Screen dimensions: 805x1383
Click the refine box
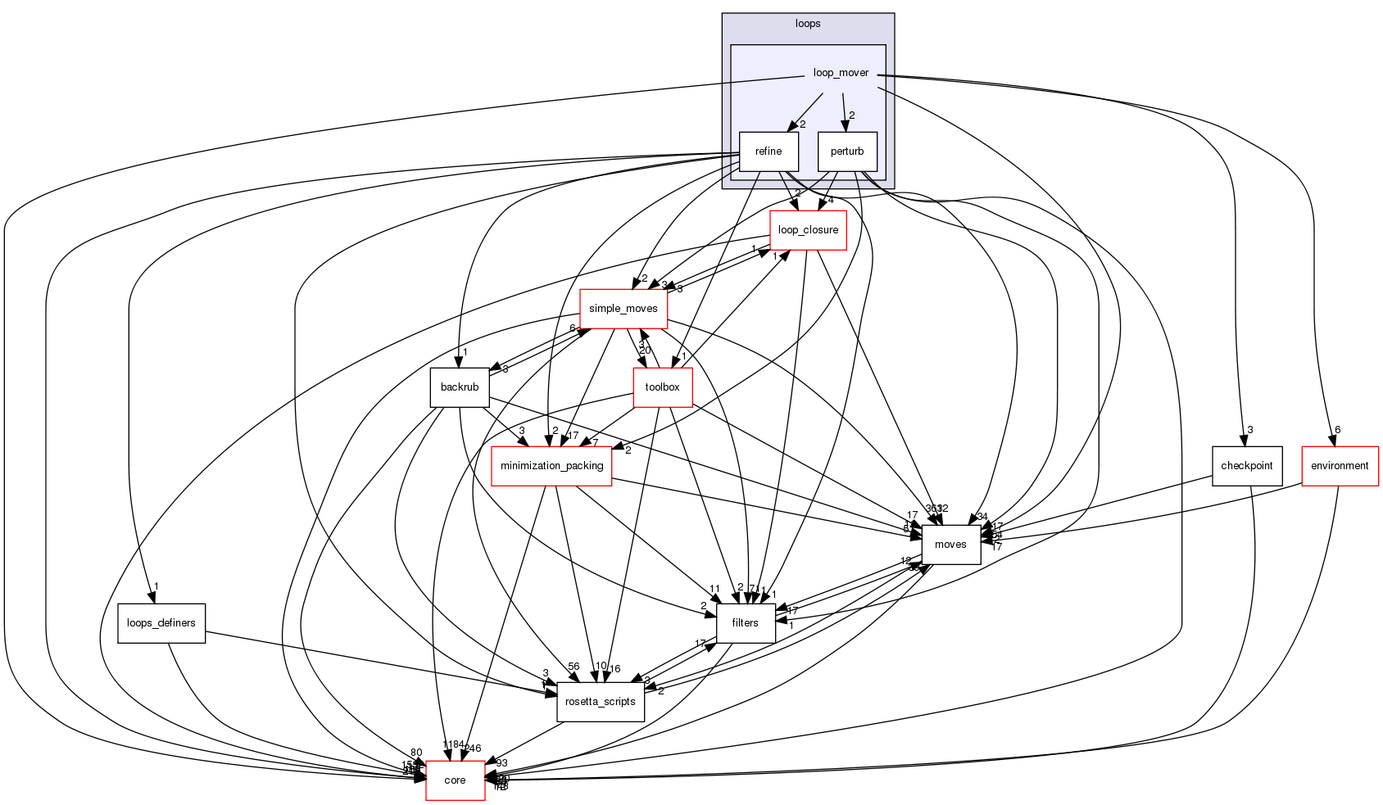coord(768,152)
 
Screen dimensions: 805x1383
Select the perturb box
coord(846,152)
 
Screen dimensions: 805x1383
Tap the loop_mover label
coord(841,73)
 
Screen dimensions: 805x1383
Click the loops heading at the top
coord(807,24)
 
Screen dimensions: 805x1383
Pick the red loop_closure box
coord(807,230)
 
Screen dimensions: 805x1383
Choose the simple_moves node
coord(623,309)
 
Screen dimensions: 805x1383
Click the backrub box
coord(459,387)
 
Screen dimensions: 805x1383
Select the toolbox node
coord(662,387)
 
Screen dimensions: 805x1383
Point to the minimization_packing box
coord(551,466)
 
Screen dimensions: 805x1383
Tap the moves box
coord(950,545)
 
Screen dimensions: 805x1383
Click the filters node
coord(745,623)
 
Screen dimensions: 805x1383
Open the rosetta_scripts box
coord(601,702)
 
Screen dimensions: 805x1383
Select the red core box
coord(455,780)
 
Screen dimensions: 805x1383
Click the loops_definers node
coord(161,623)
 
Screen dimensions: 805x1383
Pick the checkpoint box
coord(1246,466)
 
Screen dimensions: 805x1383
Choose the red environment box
coord(1340,466)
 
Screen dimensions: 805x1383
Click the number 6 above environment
coord(1337,430)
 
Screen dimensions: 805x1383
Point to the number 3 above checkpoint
coord(1250,430)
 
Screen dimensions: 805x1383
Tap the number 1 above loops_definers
coord(156,586)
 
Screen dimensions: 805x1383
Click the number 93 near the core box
coord(501,763)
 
